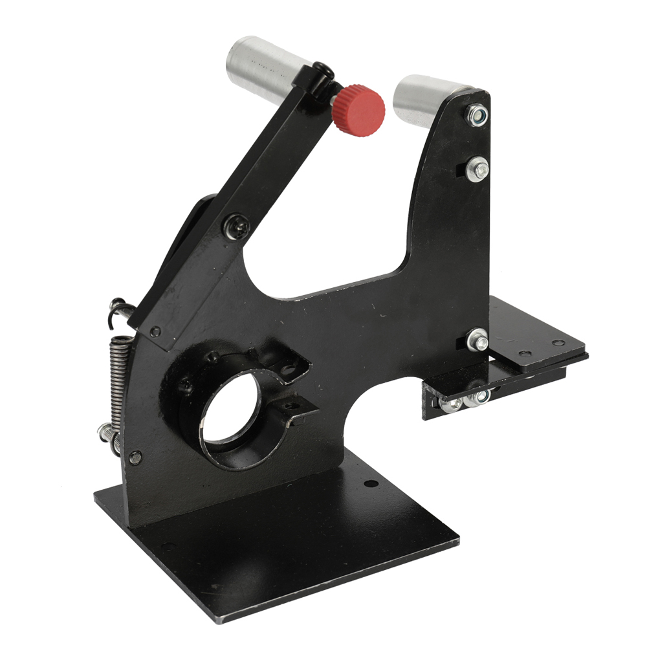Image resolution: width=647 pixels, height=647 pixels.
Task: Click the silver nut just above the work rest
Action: [478, 339]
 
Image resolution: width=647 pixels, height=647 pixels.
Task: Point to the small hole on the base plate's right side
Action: [369, 483]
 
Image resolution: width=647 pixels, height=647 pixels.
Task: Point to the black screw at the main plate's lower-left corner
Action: [135, 457]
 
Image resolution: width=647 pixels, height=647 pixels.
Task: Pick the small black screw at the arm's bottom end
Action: [155, 332]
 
